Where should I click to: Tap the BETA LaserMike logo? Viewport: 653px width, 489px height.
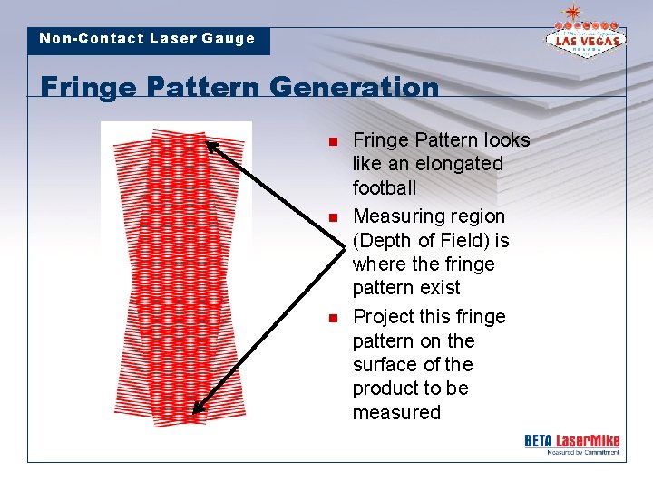click(x=571, y=443)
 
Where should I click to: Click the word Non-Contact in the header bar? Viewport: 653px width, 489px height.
click(x=91, y=39)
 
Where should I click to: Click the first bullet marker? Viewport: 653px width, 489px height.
click(x=333, y=141)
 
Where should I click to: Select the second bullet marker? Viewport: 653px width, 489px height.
click(x=333, y=217)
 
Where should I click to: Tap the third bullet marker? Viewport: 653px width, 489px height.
click(x=333, y=318)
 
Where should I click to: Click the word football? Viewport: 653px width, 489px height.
click(x=385, y=188)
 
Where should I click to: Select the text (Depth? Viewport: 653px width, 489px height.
click(x=384, y=241)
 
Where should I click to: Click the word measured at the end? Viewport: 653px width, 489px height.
click(x=396, y=413)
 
